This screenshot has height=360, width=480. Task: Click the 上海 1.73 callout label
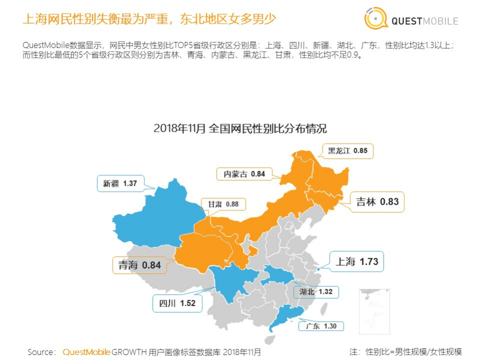point(356,261)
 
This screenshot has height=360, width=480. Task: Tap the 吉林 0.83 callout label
point(377,201)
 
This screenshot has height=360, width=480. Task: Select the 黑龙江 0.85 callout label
point(347,150)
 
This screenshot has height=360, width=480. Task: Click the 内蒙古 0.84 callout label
point(244,174)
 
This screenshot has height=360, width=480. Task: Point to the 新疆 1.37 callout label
point(120,183)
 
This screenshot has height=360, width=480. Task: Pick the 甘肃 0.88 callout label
point(223,204)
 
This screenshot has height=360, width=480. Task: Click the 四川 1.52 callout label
point(177,303)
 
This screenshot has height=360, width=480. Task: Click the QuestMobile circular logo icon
point(375,19)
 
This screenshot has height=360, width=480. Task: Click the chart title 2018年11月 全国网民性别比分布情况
point(240,128)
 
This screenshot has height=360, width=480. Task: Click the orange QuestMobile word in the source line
point(86,352)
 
